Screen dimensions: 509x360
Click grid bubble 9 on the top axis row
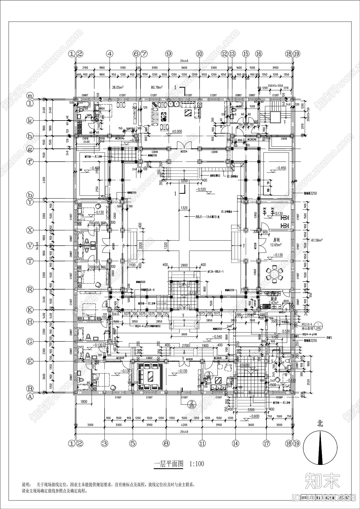click(x=169, y=54)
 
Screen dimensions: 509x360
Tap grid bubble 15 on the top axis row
click(x=246, y=54)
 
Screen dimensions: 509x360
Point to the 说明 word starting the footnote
click(x=26, y=484)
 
